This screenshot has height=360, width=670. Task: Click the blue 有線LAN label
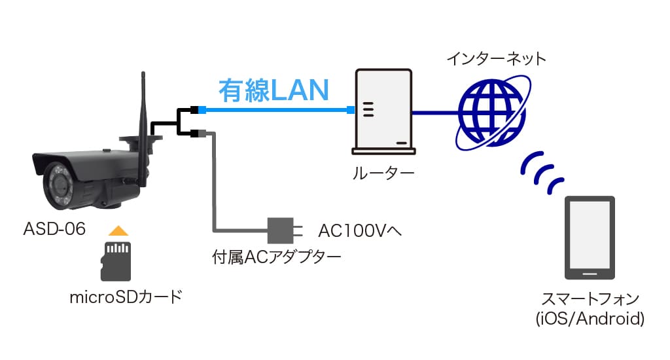(x=273, y=91)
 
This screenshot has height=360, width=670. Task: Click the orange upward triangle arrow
(x=116, y=230)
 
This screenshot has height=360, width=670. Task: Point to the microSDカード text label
(x=125, y=298)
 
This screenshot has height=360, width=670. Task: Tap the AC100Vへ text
(x=359, y=230)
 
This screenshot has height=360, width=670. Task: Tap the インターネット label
(x=496, y=59)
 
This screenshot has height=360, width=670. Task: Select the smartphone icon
(x=590, y=238)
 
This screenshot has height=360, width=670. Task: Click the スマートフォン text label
(x=590, y=300)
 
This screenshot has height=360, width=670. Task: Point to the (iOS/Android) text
(x=590, y=319)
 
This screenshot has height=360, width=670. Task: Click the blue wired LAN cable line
(x=275, y=109)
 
